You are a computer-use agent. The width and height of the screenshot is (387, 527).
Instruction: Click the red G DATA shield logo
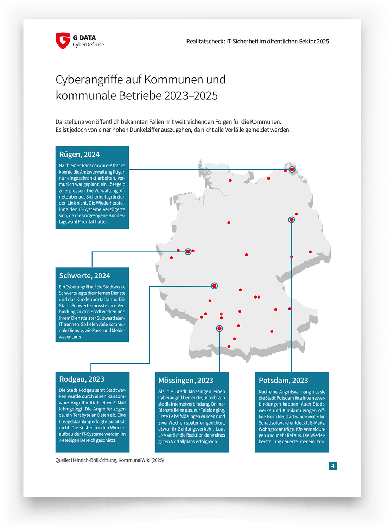(x=63, y=41)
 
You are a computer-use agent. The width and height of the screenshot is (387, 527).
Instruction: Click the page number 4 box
(x=332, y=466)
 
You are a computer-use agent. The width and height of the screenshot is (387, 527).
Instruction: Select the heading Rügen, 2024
(x=79, y=154)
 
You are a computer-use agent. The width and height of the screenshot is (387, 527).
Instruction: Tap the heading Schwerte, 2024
(x=84, y=276)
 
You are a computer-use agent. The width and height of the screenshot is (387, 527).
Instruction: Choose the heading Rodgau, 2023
(x=82, y=379)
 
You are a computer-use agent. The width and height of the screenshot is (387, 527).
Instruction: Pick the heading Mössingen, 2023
(x=186, y=380)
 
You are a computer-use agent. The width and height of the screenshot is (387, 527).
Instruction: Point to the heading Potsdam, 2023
(x=283, y=380)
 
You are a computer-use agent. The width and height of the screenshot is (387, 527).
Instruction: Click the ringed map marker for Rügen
(x=292, y=169)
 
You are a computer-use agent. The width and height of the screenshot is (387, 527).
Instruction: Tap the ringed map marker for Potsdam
(x=291, y=220)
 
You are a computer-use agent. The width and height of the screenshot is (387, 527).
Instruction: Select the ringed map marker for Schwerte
(x=188, y=251)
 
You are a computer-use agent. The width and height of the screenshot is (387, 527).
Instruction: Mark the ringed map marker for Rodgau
(x=214, y=286)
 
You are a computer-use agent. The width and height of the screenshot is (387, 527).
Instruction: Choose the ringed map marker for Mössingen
(x=219, y=328)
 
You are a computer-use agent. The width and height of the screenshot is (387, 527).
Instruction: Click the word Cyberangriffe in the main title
(x=89, y=80)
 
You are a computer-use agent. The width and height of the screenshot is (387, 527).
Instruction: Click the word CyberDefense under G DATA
(x=88, y=45)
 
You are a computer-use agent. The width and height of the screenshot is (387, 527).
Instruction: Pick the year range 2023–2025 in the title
(x=191, y=95)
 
